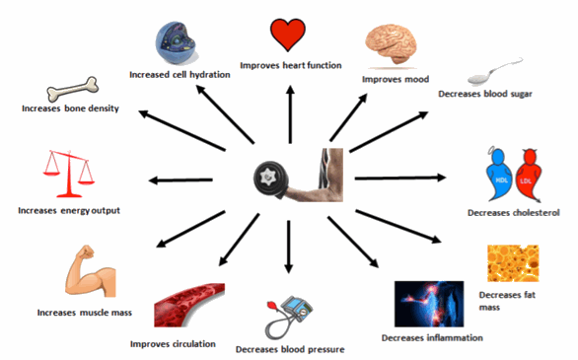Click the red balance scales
63,174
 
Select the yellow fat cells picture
512,263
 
